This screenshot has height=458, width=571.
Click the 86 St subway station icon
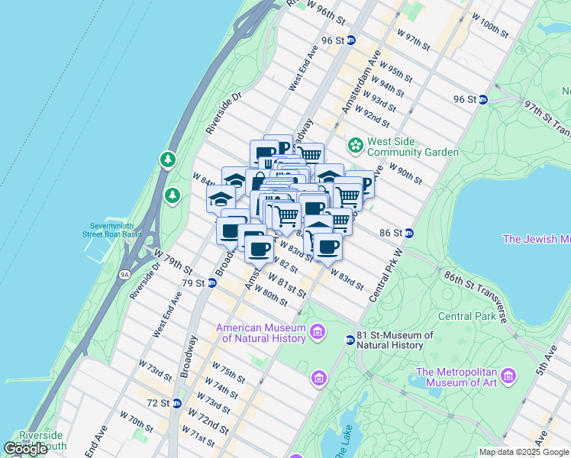click(409, 233)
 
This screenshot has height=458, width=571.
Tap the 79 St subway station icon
click(212, 283)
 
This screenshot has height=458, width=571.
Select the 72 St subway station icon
click(176, 403)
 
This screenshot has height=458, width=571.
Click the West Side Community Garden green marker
click(355, 144)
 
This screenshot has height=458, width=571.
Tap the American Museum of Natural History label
click(260, 334)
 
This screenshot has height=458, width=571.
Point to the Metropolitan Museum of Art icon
click(507, 376)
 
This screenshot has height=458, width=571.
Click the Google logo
click(25, 449)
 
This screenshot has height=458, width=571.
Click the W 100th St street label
click(490, 25)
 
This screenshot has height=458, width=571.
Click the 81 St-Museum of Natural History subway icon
click(350, 340)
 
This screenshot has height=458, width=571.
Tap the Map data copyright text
click(524, 452)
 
